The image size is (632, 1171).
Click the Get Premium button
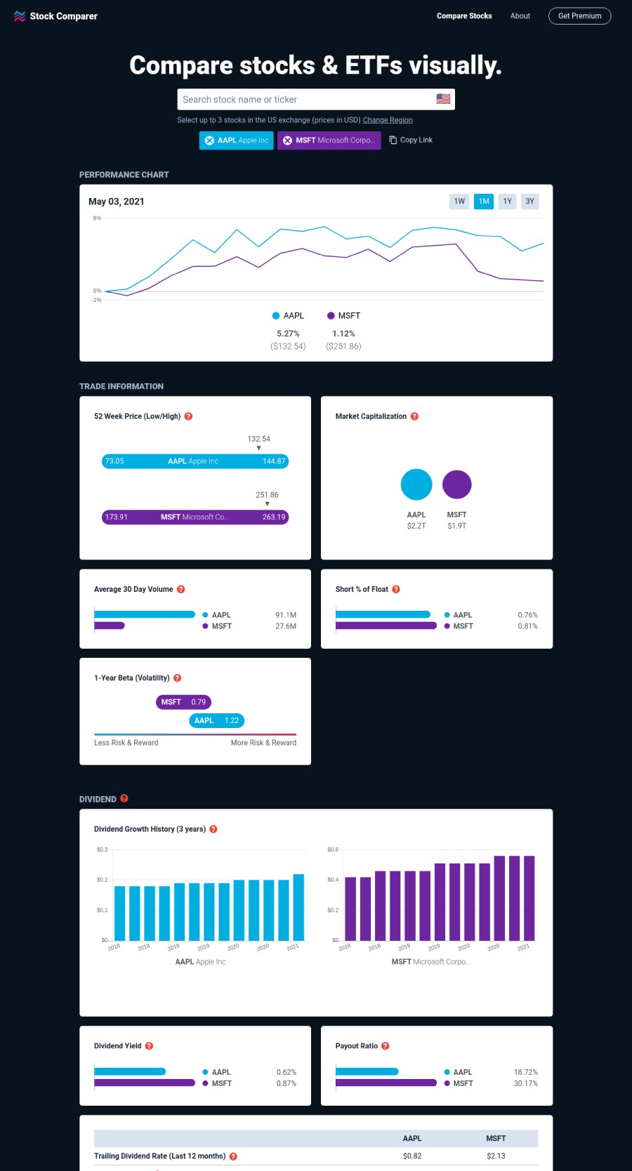click(x=579, y=16)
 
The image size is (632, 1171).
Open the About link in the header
click(x=520, y=16)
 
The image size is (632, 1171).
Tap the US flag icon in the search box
click(x=443, y=99)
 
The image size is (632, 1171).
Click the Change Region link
click(x=388, y=120)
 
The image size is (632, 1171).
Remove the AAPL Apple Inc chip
click(x=209, y=140)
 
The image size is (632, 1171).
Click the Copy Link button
click(x=411, y=140)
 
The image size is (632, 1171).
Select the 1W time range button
click(x=459, y=201)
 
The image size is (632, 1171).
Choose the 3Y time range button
click(x=530, y=201)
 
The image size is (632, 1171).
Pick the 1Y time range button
click(x=507, y=201)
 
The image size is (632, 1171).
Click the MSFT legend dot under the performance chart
click(x=331, y=316)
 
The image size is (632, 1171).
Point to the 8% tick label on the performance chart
click(x=97, y=218)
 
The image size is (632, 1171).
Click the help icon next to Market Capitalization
click(x=414, y=416)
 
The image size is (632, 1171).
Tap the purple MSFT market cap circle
click(x=456, y=484)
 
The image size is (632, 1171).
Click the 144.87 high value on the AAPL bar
click(x=274, y=461)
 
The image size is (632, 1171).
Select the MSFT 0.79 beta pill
click(x=183, y=702)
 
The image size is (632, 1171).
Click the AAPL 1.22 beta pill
click(x=216, y=720)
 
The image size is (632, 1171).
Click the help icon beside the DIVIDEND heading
click(x=124, y=798)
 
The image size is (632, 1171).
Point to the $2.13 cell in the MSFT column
click(x=496, y=1156)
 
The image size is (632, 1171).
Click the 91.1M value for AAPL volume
click(x=286, y=615)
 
